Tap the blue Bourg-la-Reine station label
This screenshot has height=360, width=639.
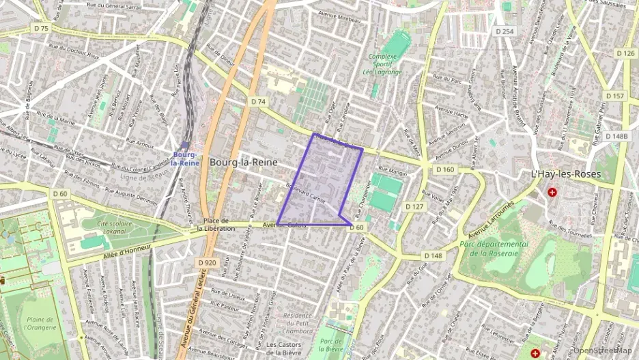click(x=185, y=158)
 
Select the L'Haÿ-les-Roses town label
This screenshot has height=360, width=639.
click(x=566, y=174)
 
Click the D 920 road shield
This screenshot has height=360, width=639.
click(x=207, y=262)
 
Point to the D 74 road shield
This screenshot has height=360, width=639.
click(x=257, y=101)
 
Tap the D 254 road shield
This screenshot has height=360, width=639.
click(x=505, y=31)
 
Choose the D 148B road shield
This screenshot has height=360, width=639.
click(x=619, y=136)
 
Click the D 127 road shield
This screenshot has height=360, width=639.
click(x=414, y=206)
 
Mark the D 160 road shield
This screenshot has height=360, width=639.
click(x=444, y=169)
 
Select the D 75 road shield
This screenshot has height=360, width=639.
click(x=41, y=29)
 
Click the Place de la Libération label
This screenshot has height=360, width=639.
click(x=216, y=224)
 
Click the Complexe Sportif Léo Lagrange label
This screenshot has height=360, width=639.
click(x=382, y=64)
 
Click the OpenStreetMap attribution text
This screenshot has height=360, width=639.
click(x=603, y=350)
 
